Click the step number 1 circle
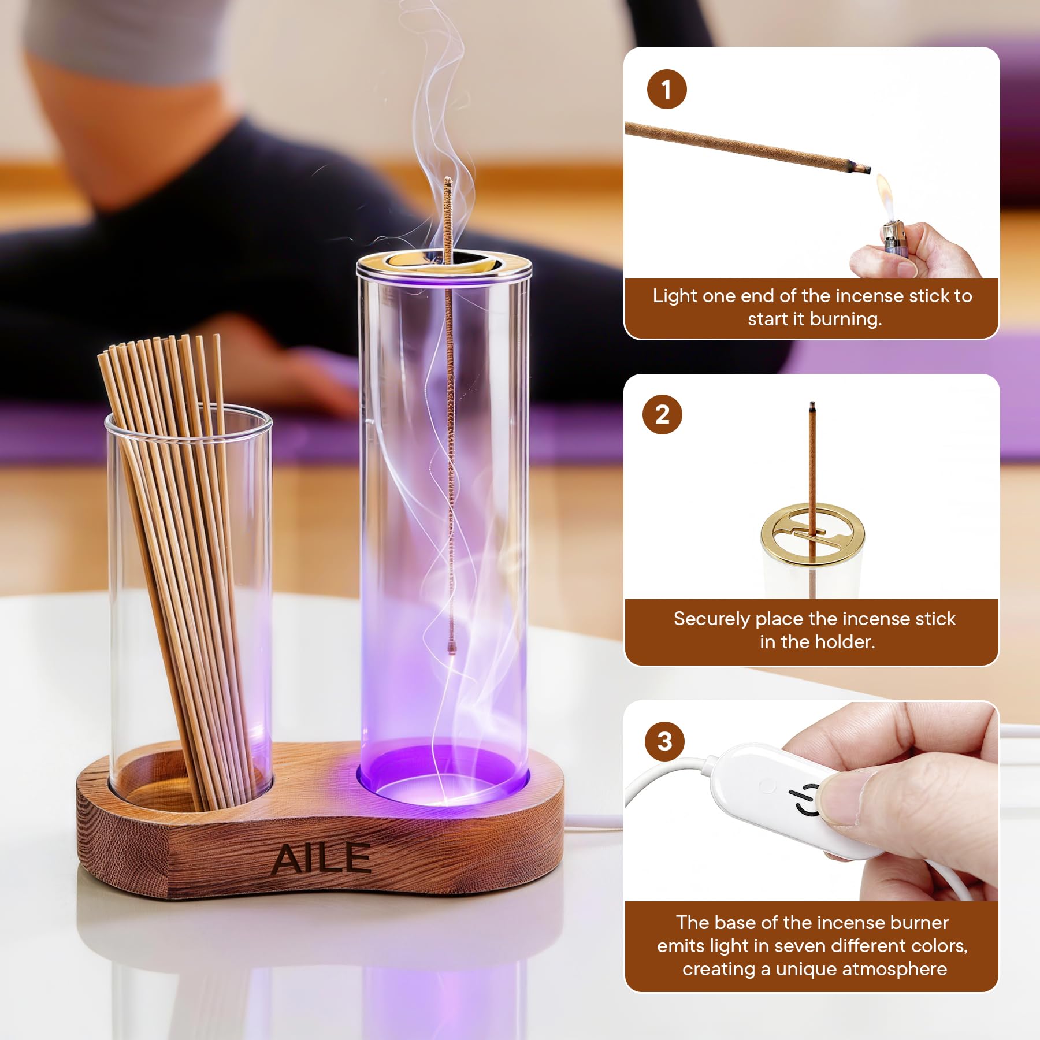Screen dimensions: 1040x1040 pyautogui.click(x=667, y=90)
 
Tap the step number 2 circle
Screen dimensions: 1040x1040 pyautogui.click(x=663, y=414)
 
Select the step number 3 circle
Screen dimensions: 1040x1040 pyautogui.click(x=664, y=741)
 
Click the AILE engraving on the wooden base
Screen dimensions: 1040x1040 pyautogui.click(x=321, y=859)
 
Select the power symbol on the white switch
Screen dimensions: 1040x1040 pyautogui.click(x=807, y=801)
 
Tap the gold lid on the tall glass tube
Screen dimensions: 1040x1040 pyautogui.click(x=444, y=266)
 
